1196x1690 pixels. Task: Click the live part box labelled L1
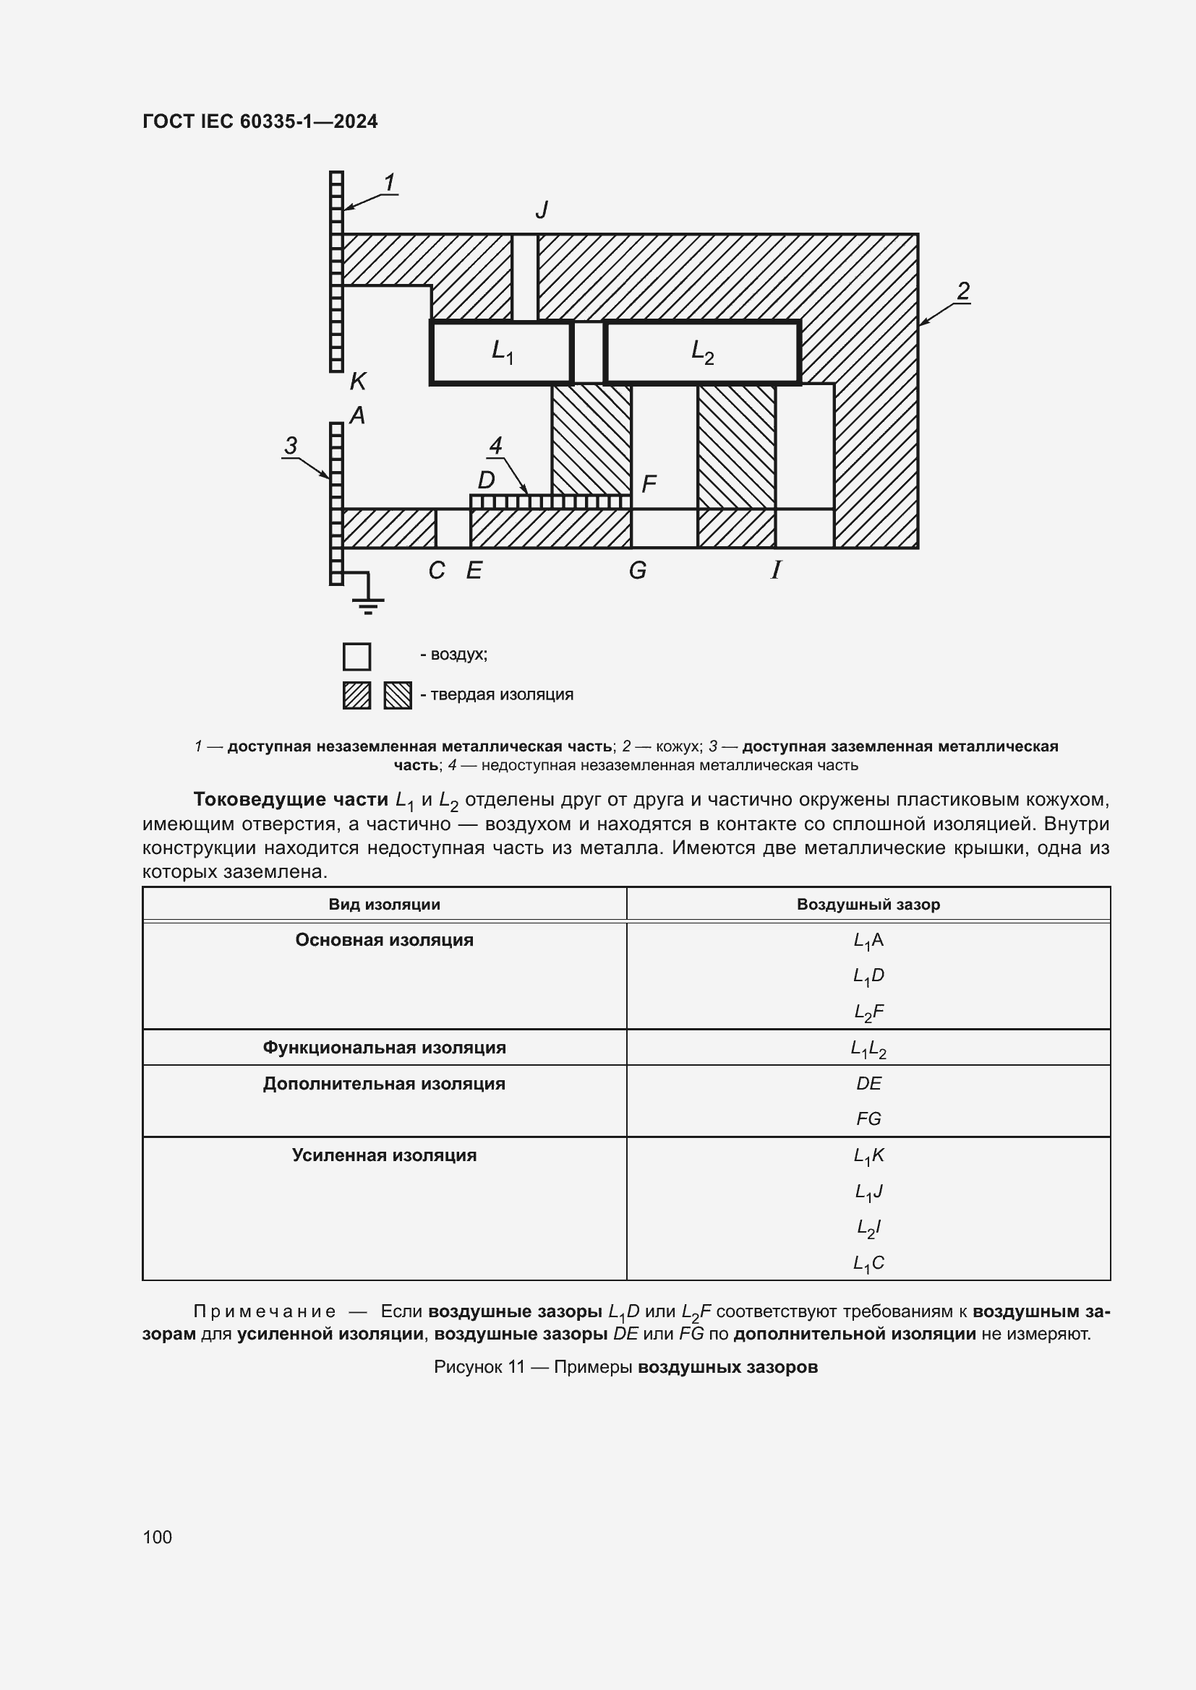coord(501,353)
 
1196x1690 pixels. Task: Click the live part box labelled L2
coord(702,353)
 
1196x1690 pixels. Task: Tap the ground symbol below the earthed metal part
coord(367,605)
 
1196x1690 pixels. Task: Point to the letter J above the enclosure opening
coord(542,210)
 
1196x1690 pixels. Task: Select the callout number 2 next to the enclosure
coord(962,290)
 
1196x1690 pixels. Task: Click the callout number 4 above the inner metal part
coord(495,445)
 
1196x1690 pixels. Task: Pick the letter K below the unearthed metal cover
coord(358,381)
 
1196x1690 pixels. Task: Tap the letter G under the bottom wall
coord(638,571)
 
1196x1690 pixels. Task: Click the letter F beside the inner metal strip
coord(649,484)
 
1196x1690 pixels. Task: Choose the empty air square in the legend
coord(357,657)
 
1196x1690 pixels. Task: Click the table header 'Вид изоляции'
coord(384,905)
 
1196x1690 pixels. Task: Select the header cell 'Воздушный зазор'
coord(868,905)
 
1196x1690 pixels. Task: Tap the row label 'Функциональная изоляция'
coord(384,1048)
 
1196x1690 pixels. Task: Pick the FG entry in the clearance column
coord(868,1118)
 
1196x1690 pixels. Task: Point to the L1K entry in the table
coord(868,1155)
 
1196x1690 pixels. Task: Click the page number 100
coord(158,1537)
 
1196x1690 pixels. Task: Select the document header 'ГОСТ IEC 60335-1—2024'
coord(260,121)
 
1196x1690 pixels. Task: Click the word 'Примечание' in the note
coord(265,1311)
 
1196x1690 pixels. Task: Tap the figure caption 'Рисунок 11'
coord(479,1367)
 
